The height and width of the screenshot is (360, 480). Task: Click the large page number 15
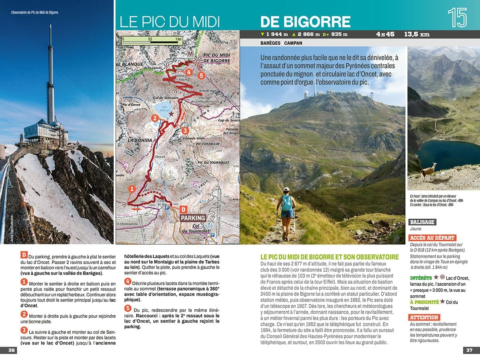tap(457, 17)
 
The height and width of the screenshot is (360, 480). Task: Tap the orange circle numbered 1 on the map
tap(131, 189)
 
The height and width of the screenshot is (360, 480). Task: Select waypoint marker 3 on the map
tap(185, 130)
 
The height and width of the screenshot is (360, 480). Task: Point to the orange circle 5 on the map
tap(200, 75)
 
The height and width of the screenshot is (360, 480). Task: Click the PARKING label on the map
tap(193, 218)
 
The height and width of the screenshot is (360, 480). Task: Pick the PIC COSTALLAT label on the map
tap(207, 144)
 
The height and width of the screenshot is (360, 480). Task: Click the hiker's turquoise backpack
tap(287, 203)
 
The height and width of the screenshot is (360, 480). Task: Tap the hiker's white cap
tap(287, 190)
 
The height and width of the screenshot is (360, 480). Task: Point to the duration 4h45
tap(385, 34)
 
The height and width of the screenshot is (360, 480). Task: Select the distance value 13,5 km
tap(417, 34)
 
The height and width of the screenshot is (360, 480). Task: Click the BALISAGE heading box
tap(423, 222)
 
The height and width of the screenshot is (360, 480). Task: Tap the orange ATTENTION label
tap(424, 317)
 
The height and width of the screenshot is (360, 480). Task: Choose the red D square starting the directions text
tap(24, 255)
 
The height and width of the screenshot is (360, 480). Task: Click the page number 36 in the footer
tap(11, 350)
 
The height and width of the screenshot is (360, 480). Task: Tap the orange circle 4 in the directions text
tap(128, 281)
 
